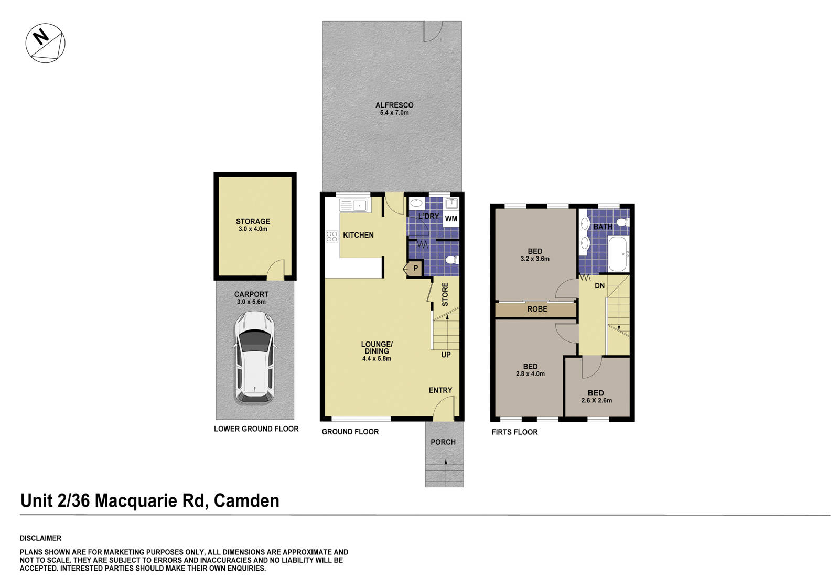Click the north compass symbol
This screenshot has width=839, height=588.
tap(46, 43)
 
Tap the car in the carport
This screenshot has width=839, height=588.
tap(254, 357)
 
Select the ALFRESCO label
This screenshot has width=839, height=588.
tap(394, 105)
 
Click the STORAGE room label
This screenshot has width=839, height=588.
tap(253, 221)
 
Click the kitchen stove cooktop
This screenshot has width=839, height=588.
tap(332, 237)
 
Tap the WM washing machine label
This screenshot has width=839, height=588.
tap(451, 219)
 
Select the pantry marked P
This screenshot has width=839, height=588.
tap(415, 269)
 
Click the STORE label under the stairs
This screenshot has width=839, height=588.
tap(445, 295)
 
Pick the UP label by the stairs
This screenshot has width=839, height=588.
tap(446, 355)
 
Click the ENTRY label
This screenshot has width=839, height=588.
tap(440, 390)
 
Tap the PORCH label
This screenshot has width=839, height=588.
tap(443, 442)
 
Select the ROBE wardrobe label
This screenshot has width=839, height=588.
tap(537, 309)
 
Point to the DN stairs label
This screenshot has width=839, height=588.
tap(599, 286)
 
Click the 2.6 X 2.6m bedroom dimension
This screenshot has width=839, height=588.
tap(596, 401)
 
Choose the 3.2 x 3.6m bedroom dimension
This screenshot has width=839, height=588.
tap(535, 259)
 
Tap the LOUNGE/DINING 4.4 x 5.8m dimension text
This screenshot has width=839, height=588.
tap(377, 359)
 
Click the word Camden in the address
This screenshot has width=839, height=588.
tap(246, 501)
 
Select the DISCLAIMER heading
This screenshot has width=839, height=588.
tap(40, 538)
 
